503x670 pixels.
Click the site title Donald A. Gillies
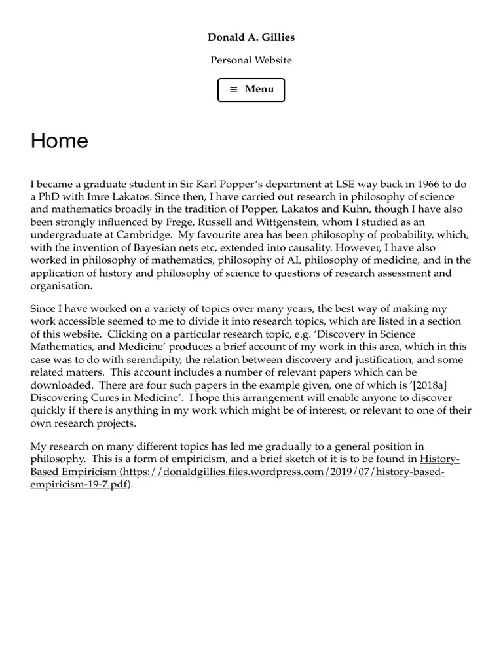251,37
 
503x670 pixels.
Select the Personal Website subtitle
251,60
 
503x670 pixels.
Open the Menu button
251,90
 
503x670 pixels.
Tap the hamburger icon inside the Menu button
234,90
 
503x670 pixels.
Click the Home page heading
59,141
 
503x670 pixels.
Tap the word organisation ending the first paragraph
61,286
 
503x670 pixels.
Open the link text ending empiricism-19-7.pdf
80,485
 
